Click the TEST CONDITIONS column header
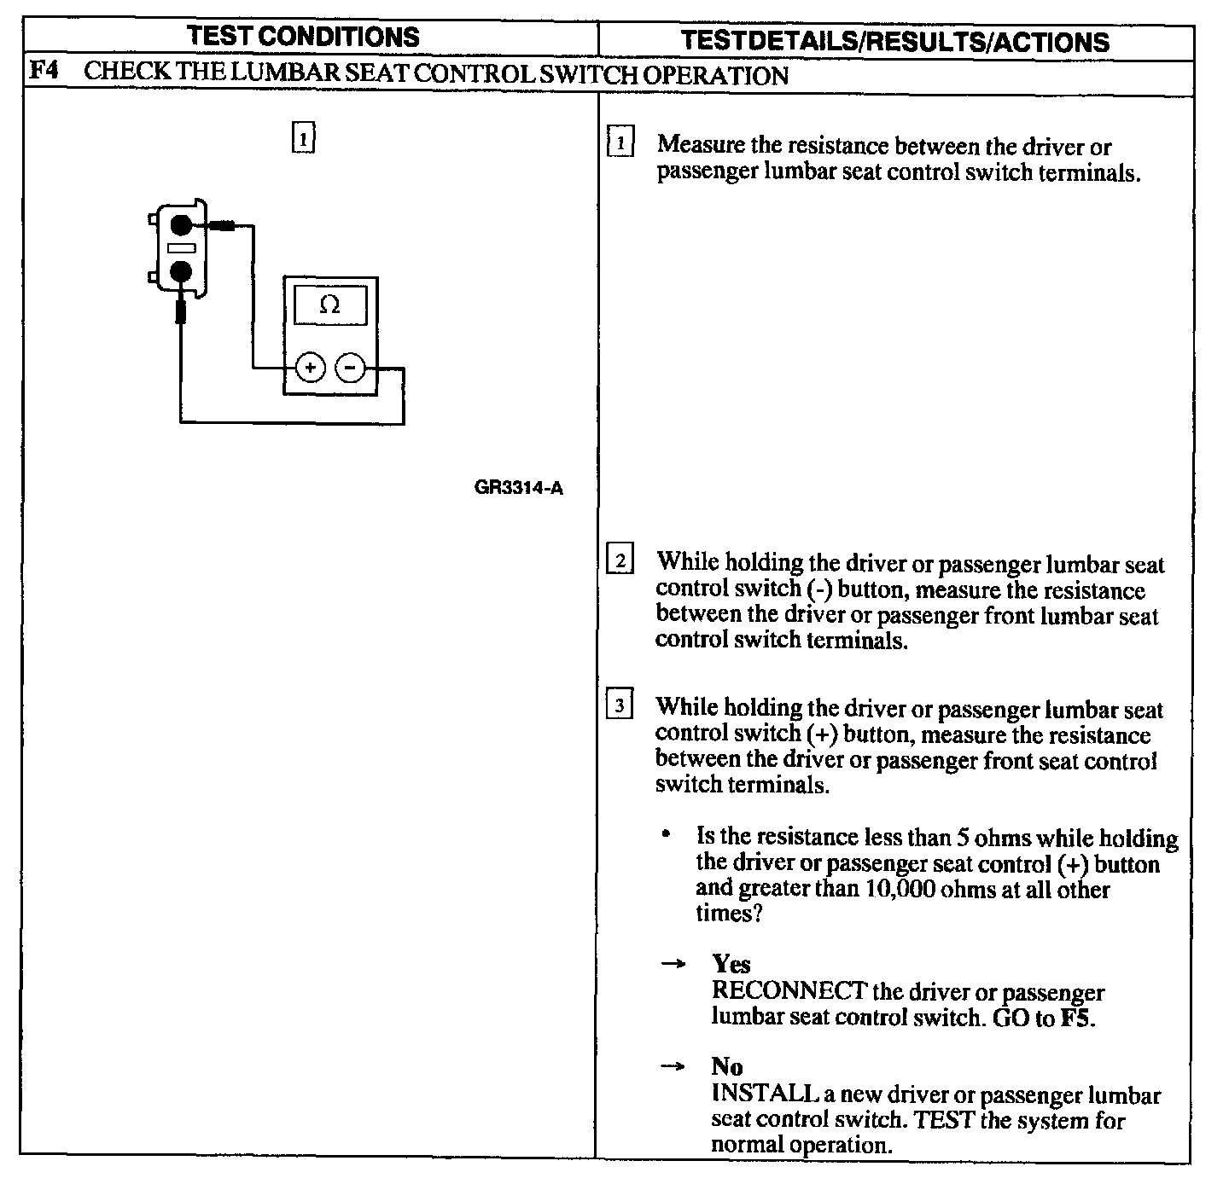pyautogui.click(x=303, y=37)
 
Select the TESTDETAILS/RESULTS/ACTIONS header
pyautogui.click(x=896, y=41)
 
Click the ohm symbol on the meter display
pyautogui.click(x=329, y=305)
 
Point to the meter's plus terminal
pyautogui.click(x=310, y=369)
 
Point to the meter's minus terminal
pyautogui.click(x=350, y=369)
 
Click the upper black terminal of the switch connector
pyautogui.click(x=181, y=225)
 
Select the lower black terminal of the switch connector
pyautogui.click(x=181, y=272)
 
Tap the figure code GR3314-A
pyautogui.click(x=518, y=489)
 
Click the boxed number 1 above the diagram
pyautogui.click(x=303, y=137)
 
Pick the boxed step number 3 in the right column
pyautogui.click(x=620, y=705)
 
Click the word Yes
pyautogui.click(x=731, y=964)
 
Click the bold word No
pyautogui.click(x=727, y=1066)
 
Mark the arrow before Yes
pyautogui.click(x=673, y=964)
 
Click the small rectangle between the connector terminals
pyautogui.click(x=181, y=248)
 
